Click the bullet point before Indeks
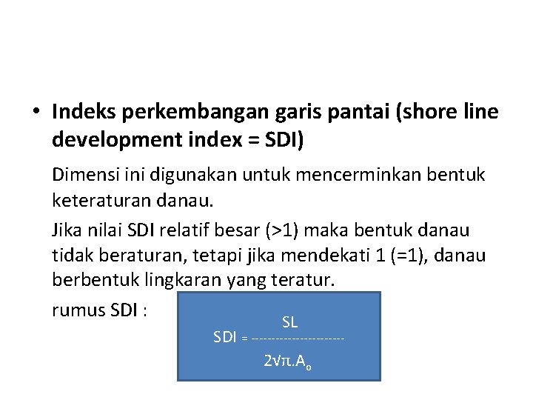(x=35, y=113)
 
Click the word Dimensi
(x=82, y=175)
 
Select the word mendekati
(x=343, y=256)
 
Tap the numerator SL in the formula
(x=289, y=321)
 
